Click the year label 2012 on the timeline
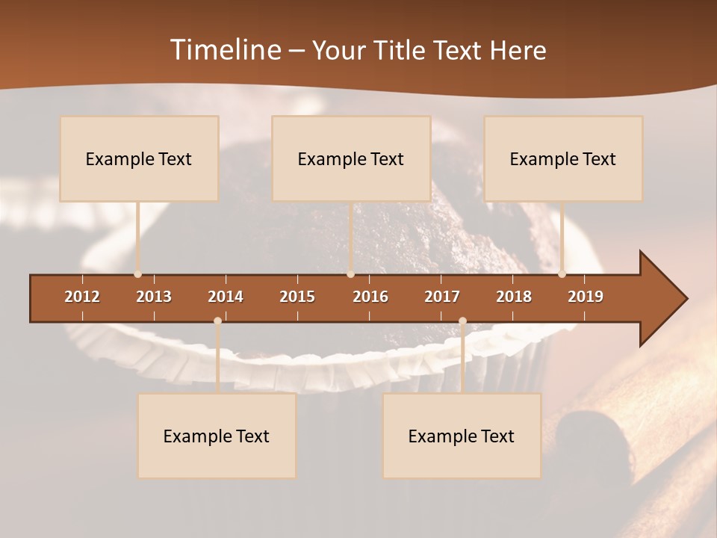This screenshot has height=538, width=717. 82,297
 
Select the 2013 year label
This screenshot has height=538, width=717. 154,297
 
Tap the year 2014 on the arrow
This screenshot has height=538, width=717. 226,297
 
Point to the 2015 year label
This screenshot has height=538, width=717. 297,297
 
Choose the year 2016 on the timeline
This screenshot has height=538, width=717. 370,297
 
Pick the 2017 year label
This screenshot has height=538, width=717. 442,297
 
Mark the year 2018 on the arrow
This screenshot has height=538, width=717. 514,297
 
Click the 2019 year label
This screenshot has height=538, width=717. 586,297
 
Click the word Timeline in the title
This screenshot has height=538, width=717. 224,50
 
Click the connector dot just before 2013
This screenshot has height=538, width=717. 137,274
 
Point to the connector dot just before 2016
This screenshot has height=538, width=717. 350,274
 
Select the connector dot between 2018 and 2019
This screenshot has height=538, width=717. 562,274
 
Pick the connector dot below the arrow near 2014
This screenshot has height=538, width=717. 217,321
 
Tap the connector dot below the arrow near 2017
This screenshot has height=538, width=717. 462,321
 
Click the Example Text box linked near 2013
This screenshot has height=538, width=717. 139,158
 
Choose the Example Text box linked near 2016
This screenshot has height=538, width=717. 351,158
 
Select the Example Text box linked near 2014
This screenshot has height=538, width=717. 217,436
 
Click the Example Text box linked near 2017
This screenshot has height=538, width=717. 462,436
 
